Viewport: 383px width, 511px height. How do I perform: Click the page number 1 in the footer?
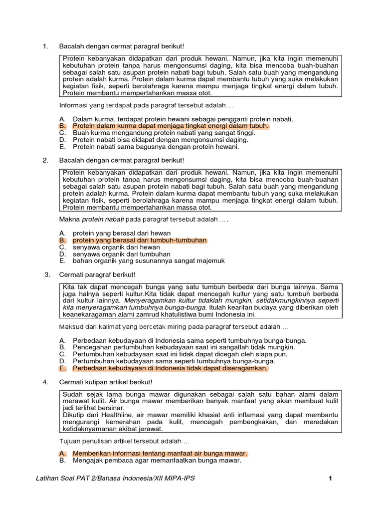click(x=330, y=479)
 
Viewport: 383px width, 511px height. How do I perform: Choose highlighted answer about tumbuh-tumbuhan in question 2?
click(x=139, y=240)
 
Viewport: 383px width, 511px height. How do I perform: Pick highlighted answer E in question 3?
click(x=170, y=368)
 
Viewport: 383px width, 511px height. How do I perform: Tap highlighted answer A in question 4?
click(x=160, y=453)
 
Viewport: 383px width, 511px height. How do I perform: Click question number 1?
click(x=45, y=46)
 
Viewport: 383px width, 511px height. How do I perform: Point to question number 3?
click(x=47, y=274)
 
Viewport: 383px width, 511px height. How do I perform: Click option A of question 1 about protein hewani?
click(x=183, y=119)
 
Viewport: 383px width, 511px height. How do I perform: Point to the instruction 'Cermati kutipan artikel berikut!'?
click(x=107, y=382)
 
